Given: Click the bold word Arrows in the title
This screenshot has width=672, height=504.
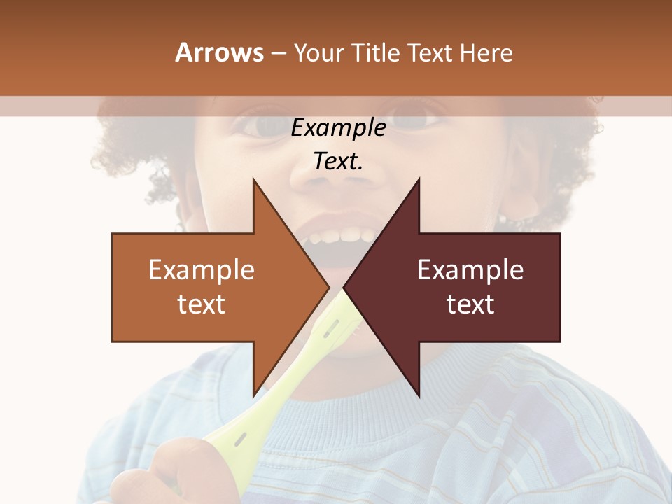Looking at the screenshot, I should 218,52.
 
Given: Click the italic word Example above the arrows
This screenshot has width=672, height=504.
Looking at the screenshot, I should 338,128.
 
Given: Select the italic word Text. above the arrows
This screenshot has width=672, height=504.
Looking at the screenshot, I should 338,162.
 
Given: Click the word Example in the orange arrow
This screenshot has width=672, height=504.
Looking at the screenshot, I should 201,270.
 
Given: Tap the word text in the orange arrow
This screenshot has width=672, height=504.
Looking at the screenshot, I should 201,304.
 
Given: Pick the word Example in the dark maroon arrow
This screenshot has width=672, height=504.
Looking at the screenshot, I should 470,270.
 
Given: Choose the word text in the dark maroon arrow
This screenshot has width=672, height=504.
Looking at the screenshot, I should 470,304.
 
